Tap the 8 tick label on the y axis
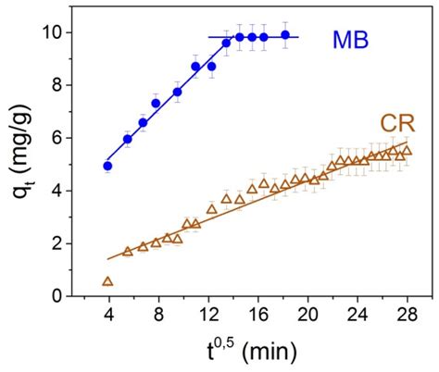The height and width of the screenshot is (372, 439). (x=68, y=85)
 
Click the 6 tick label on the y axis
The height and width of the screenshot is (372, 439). (x=68, y=138)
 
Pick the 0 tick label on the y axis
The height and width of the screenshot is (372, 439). (x=68, y=296)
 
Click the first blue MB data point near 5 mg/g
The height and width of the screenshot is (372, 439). (x=107, y=167)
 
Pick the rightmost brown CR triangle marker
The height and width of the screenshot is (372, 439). (x=407, y=151)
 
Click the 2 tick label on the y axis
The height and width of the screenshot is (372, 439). (x=68, y=243)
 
